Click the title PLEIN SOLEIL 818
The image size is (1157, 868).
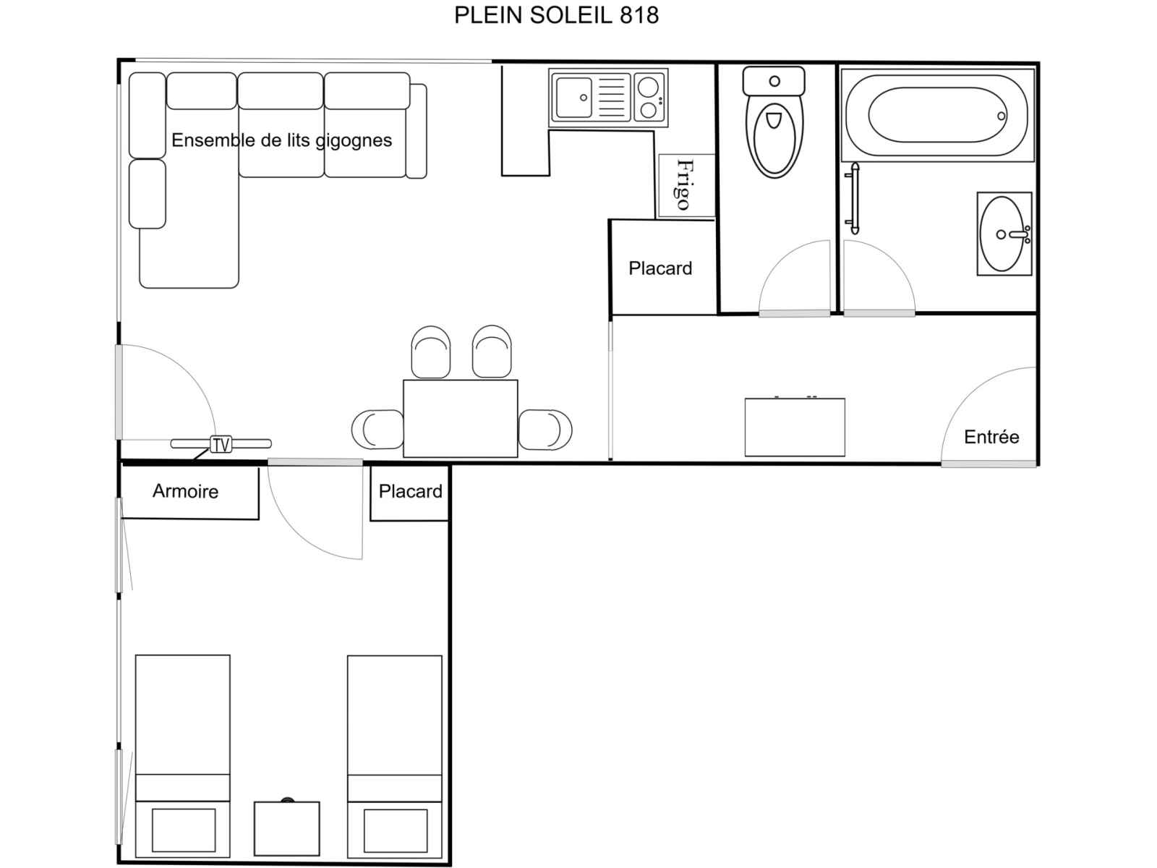[x=556, y=15]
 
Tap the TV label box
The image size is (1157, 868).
[x=221, y=444]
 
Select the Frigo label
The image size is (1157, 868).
[x=684, y=185]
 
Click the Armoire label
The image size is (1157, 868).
[x=185, y=491]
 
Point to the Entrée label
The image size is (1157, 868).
[x=991, y=437]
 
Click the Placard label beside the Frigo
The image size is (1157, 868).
[x=660, y=268]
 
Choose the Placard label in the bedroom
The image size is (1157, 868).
[x=410, y=491]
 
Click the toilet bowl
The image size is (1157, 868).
[x=774, y=139]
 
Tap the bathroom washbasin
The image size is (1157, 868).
[x=1002, y=234]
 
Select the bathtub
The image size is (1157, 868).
[x=937, y=115]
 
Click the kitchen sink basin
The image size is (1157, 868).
[x=574, y=98]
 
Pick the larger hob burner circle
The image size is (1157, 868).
[x=649, y=87]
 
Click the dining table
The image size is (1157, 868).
[x=460, y=419]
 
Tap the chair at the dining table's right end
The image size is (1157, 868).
[x=545, y=429]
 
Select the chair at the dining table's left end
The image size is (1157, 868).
[x=377, y=430]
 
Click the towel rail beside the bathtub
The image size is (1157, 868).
[x=855, y=198]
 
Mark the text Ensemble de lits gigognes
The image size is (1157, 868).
[x=281, y=140]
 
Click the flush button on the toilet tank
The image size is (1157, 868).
[x=774, y=81]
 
